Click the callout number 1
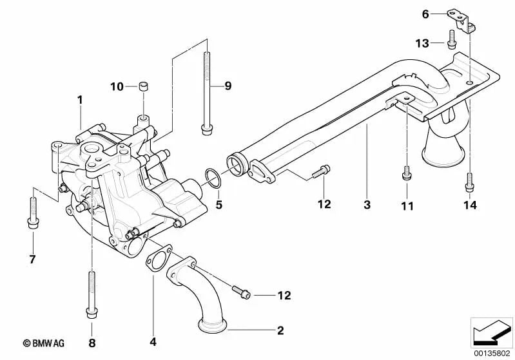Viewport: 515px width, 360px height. click(81, 100)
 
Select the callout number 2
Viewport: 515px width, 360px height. click(280, 331)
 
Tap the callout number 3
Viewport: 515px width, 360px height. click(367, 205)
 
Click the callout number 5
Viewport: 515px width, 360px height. click(219, 205)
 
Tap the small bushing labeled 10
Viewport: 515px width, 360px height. click(144, 86)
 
